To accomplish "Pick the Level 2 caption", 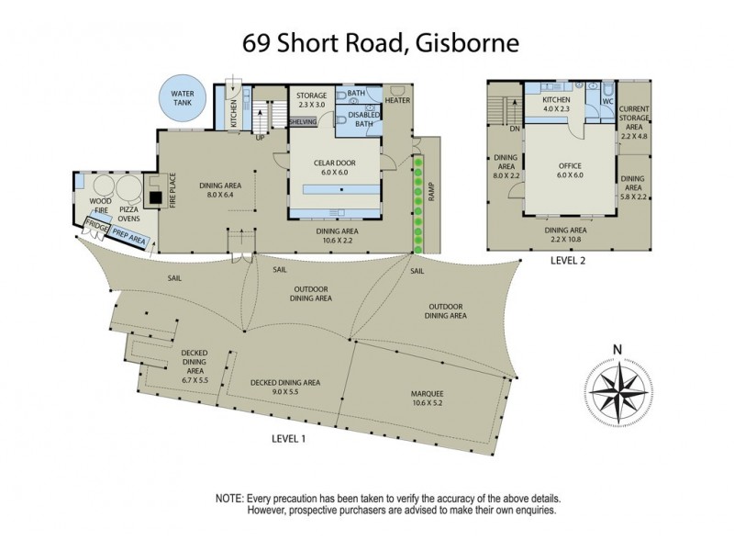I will pos(568,260).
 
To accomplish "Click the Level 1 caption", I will pos(289,439).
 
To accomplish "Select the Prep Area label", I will pos(128,236).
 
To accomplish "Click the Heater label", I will pos(397,100).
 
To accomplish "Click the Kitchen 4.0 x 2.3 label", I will pos(557,104).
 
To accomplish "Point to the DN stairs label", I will pos(515,129).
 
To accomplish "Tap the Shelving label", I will pos(302,121).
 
